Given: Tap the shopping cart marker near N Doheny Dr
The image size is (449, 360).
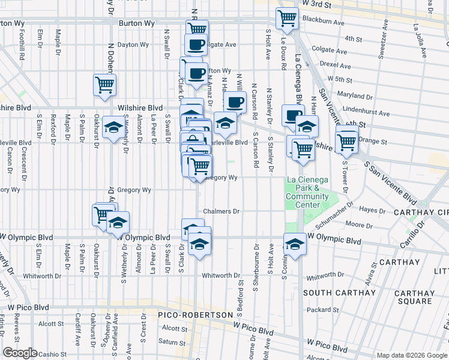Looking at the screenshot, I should coord(105,85).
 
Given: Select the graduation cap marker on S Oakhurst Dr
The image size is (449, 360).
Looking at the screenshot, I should coord(113,127).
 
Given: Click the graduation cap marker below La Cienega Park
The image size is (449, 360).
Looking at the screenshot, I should coord(294,244).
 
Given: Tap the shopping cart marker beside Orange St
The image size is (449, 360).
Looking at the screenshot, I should coord(347,142).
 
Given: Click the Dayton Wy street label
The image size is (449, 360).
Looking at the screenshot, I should coord(133,44).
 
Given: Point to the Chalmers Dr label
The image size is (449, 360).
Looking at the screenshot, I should coord(221,211).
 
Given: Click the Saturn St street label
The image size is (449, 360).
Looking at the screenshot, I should coord(172,342).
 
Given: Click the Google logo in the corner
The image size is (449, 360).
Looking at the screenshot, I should coord(20,353).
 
